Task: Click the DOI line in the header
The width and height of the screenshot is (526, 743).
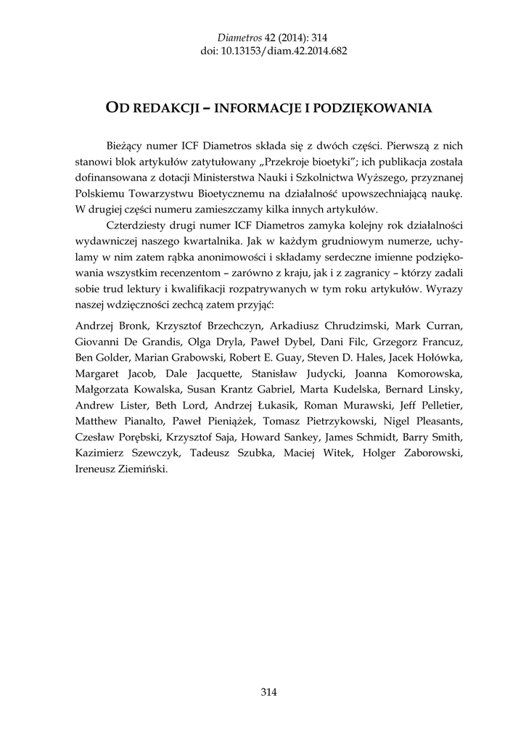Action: pyautogui.click(x=263, y=52)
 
